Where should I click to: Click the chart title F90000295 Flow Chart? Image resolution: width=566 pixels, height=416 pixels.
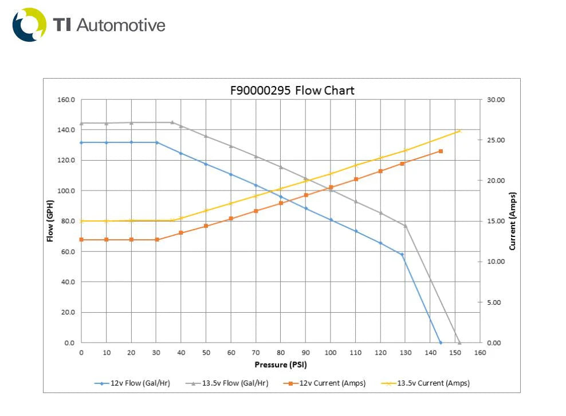(x=292, y=91)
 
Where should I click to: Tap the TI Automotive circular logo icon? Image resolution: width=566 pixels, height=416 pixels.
(x=29, y=25)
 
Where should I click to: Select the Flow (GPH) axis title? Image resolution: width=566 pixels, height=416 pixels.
(x=50, y=221)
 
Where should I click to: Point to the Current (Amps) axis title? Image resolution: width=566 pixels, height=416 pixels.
(x=513, y=221)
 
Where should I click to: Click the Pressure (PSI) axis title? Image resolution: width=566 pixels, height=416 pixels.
(x=281, y=364)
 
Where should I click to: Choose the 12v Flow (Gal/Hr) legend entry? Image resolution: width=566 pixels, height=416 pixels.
(x=132, y=383)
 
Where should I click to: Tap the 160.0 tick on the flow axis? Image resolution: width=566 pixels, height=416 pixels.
(x=66, y=100)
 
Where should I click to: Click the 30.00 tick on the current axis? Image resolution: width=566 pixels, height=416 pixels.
(x=496, y=100)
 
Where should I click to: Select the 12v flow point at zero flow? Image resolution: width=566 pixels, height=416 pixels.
(x=441, y=343)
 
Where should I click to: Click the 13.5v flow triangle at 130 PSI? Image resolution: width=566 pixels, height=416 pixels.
(x=405, y=226)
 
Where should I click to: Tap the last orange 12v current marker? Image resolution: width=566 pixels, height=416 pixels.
(x=441, y=151)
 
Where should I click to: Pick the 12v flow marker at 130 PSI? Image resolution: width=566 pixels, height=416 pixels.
(x=402, y=254)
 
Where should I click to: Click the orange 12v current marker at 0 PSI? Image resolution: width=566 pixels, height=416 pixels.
(x=81, y=239)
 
